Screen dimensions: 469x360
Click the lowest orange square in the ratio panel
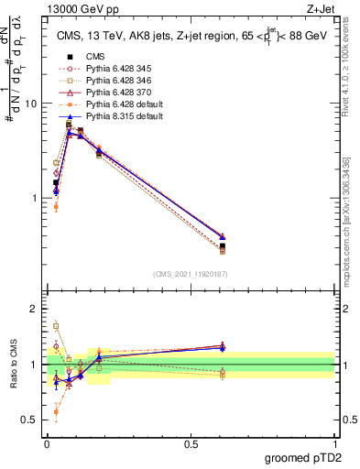coord(56,412)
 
